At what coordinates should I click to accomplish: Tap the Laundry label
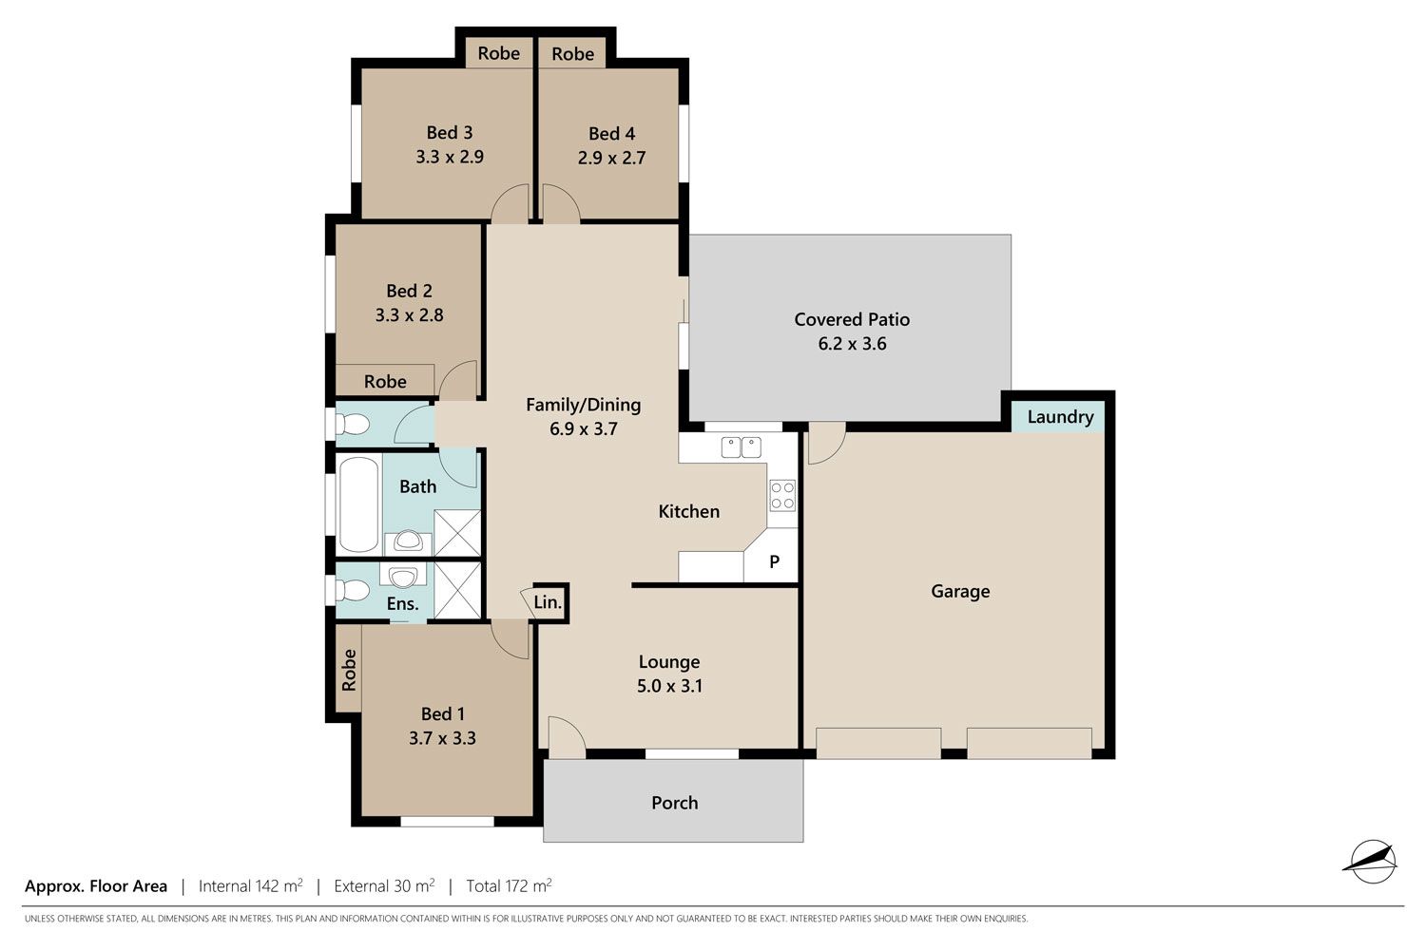(1060, 417)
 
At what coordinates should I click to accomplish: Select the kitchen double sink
(741, 447)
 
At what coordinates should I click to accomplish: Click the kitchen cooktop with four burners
(782, 496)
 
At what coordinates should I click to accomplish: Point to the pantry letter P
(774, 561)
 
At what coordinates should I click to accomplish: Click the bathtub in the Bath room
(359, 503)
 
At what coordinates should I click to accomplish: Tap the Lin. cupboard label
(548, 602)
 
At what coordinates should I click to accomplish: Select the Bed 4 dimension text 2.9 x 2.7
(611, 158)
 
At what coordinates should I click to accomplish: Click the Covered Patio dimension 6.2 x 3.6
(852, 344)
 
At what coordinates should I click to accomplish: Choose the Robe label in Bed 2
(385, 382)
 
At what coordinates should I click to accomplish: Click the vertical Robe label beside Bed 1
(349, 670)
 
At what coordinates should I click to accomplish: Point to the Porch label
(674, 803)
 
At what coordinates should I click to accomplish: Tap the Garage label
(960, 592)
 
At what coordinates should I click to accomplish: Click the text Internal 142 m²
(251, 885)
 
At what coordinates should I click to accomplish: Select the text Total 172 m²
(509, 885)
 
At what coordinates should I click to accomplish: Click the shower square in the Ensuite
(457, 590)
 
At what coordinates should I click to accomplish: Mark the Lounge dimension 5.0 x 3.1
(669, 686)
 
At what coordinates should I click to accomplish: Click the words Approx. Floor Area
(96, 886)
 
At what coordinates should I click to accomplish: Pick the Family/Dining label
(583, 405)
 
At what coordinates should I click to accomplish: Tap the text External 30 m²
(384, 885)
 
